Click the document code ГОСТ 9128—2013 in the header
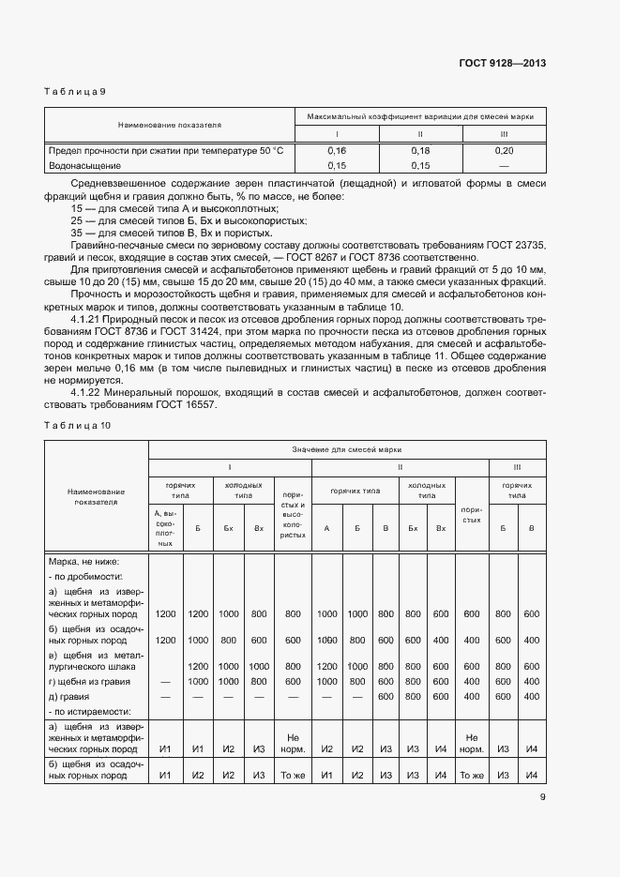tap(503, 64)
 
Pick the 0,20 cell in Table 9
tap(504, 150)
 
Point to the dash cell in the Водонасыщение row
tap(504, 165)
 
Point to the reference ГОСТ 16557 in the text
tap(187, 405)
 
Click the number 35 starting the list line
tap(77, 232)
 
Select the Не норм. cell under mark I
tap(293, 743)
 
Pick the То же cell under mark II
tap(472, 775)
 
